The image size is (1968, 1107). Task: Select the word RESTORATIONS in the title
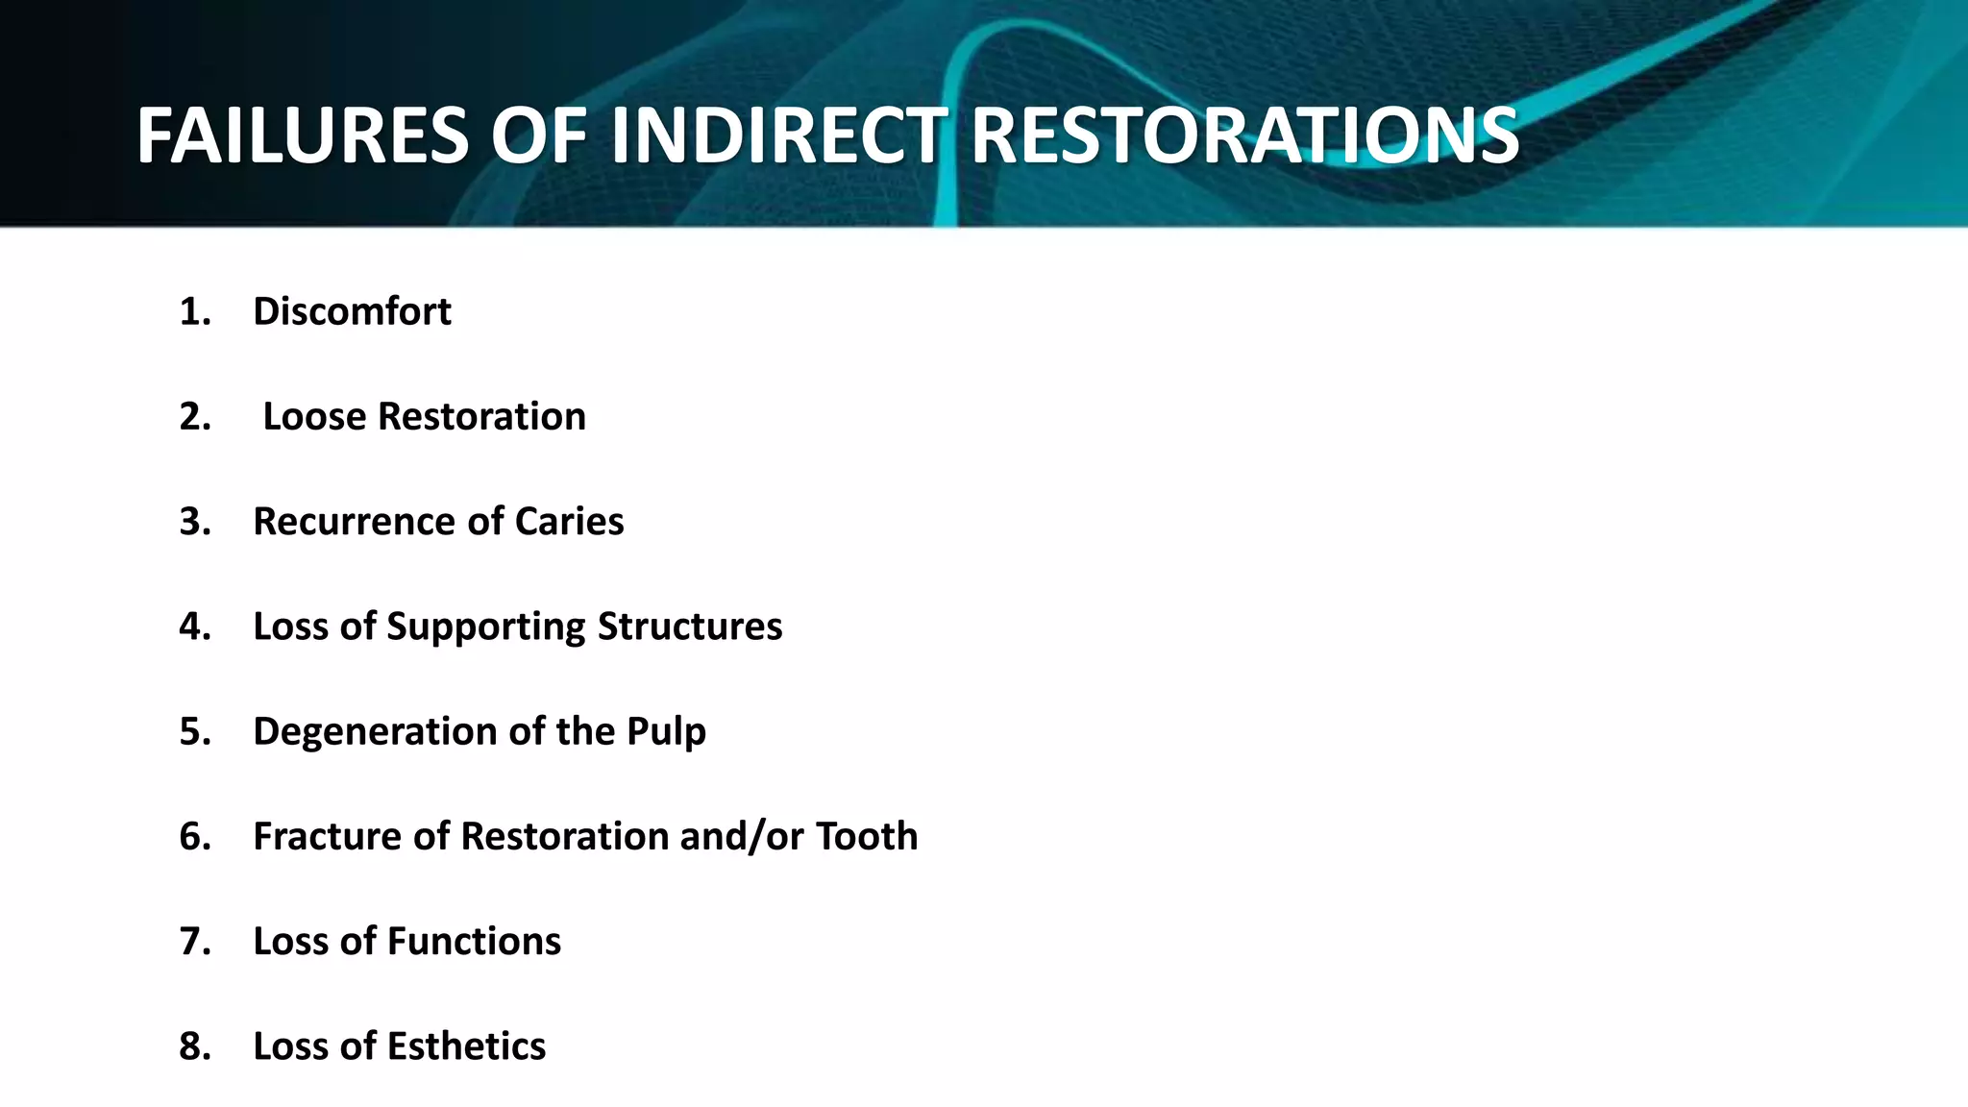tap(1244, 135)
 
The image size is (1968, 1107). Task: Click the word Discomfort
tap(352, 311)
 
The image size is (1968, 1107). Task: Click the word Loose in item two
tap(314, 417)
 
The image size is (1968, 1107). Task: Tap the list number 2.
tap(194, 417)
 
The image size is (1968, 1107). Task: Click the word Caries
tap(569, 522)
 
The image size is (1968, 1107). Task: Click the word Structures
tap(690, 627)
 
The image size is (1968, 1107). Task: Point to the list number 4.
tap(194, 627)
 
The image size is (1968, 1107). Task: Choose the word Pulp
tap(666, 732)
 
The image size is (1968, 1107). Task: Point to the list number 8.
tap(194, 1046)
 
